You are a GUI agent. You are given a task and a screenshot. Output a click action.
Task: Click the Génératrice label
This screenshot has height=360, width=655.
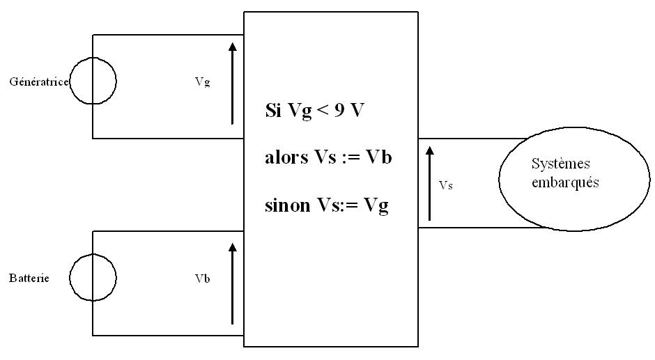38,81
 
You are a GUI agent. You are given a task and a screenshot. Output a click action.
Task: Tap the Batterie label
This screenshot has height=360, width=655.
29,279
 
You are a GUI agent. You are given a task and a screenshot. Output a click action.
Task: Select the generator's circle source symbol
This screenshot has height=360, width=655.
93,81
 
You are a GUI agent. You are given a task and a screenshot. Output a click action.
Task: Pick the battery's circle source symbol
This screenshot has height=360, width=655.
93,278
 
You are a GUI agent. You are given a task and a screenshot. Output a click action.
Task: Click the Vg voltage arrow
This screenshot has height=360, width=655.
232,83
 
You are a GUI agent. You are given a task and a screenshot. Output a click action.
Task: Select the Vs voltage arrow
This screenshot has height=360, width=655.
429,182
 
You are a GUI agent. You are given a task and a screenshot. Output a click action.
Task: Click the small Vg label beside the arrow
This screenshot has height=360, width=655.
202,81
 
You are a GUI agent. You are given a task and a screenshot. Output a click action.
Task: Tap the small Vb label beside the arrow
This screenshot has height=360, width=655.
202,279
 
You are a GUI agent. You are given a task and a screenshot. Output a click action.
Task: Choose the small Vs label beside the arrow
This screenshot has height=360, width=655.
446,186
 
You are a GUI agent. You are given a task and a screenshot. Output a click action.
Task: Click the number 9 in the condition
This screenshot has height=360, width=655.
339,111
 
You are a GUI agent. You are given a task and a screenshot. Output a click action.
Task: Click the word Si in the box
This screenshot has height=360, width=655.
272,111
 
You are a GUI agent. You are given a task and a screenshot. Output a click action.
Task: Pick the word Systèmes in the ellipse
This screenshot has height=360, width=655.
561,164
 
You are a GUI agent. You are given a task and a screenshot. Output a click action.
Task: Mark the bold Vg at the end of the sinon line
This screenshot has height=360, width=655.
376,207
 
